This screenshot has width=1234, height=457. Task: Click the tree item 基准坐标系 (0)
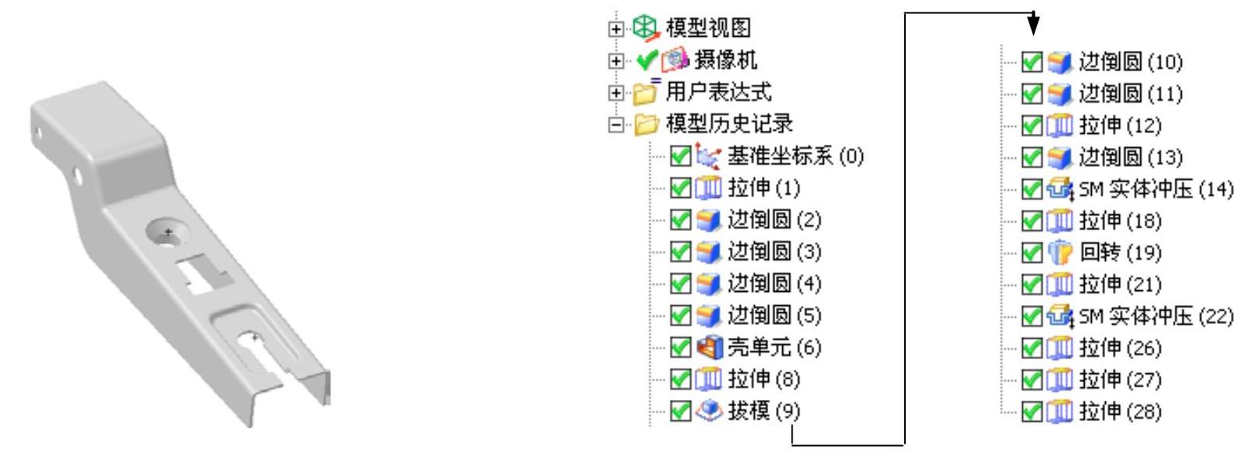click(795, 157)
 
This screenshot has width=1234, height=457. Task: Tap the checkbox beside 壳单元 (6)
click(681, 347)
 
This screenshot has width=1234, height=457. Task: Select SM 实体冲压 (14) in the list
click(1155, 189)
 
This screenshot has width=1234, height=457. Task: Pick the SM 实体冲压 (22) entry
click(1155, 316)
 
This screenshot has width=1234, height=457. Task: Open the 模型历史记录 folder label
click(728, 124)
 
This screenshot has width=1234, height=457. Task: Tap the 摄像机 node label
click(725, 60)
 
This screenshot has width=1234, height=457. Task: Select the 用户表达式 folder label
click(718, 92)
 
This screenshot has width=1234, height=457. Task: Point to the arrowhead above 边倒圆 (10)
click(1034, 26)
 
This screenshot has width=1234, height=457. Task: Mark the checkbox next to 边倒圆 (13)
click(1032, 157)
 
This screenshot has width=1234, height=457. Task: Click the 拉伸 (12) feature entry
click(1119, 125)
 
